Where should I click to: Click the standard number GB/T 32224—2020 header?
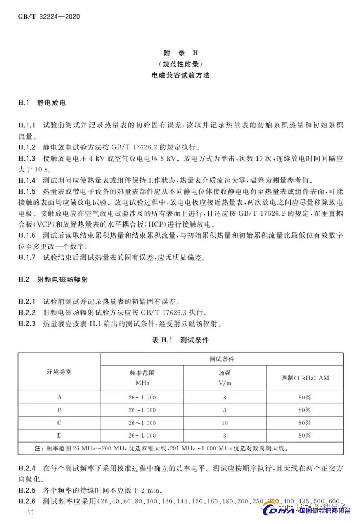[49, 17]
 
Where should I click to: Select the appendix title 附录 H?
[180, 53]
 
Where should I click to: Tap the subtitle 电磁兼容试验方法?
[180, 75]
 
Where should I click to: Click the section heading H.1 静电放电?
[42, 103]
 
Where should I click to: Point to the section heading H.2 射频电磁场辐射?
[53, 279]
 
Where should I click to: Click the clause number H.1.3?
[27, 158]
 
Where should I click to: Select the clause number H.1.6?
[27, 235]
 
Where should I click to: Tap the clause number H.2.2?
[27, 312]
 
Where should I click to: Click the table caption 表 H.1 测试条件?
[180, 340]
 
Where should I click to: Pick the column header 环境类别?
[59, 372]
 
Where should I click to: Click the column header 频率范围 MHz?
[142, 378]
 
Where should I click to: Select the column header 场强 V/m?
[225, 378]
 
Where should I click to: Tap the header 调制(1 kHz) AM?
[305, 378]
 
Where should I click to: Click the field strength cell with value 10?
[225, 423]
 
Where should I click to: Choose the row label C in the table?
[59, 423]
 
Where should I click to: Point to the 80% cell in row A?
[305, 398]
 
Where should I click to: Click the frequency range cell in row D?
[142, 436]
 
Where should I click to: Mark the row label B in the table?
[59, 410]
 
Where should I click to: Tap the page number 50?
[30, 512]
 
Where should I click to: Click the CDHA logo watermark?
[306, 509]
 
